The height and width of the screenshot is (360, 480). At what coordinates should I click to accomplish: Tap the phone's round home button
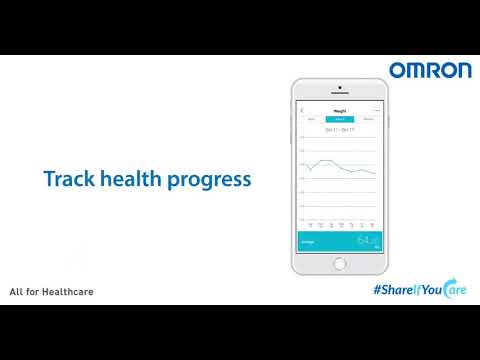coord(339,264)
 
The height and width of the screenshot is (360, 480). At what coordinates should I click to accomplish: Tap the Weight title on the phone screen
coord(339,110)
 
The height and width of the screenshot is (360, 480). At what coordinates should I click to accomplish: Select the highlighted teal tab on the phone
coord(339,119)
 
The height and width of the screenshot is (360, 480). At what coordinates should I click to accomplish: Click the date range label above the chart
coord(339,129)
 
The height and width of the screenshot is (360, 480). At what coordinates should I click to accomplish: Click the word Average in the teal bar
coord(307,241)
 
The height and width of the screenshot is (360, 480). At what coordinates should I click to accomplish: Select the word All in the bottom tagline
coord(15,293)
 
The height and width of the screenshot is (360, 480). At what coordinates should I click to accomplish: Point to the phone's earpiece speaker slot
coord(339,94)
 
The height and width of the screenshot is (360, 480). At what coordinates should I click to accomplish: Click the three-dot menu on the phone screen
coord(376,110)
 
